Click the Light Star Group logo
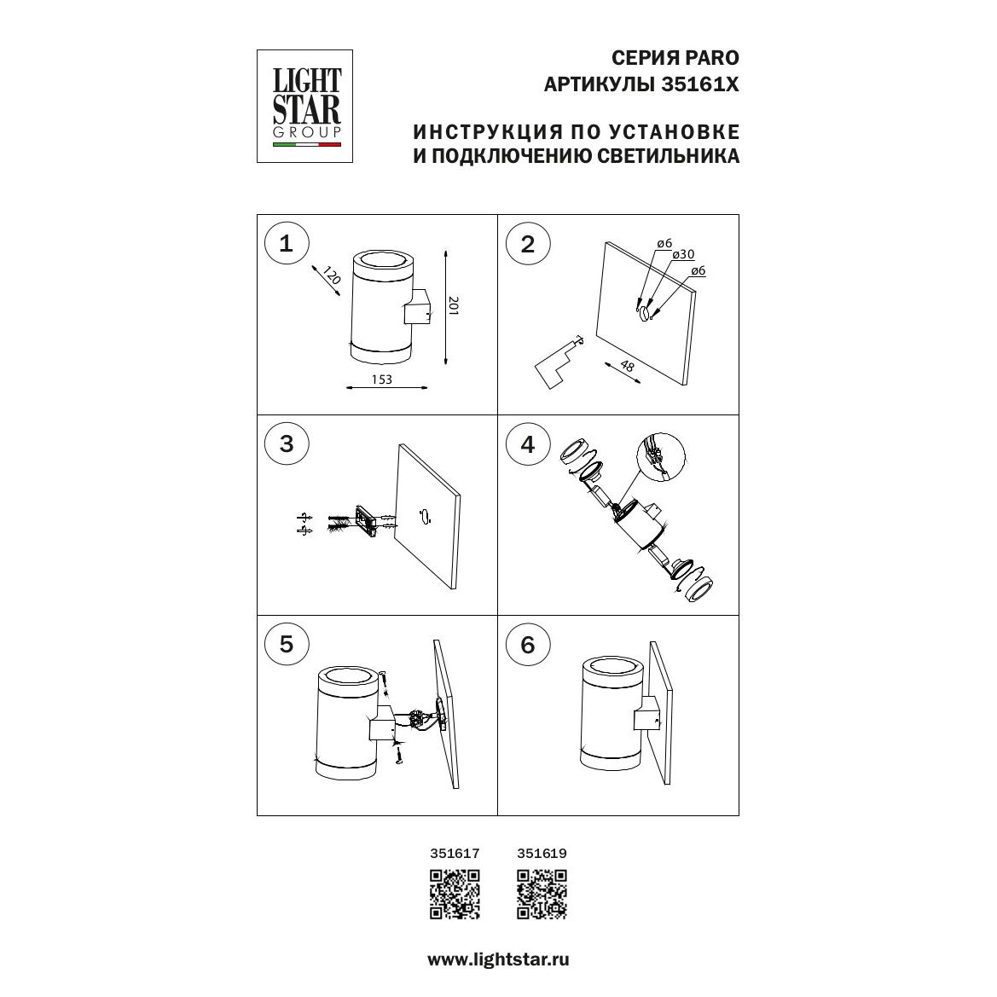pyautogui.click(x=304, y=107)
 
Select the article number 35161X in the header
pyautogui.click(x=700, y=84)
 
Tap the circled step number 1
pyautogui.click(x=286, y=243)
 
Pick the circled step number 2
pyautogui.click(x=528, y=244)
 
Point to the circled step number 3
pyautogui.click(x=286, y=443)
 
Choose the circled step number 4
pyautogui.click(x=528, y=444)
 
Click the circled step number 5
pyautogui.click(x=286, y=643)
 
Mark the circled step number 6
pyautogui.click(x=528, y=645)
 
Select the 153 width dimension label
pyautogui.click(x=381, y=379)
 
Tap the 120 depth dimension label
pyautogui.click(x=332, y=275)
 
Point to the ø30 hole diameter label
pyautogui.click(x=683, y=254)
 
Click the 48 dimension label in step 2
pyautogui.click(x=627, y=366)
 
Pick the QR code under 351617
pyautogui.click(x=455, y=894)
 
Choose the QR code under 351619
pyautogui.click(x=542, y=894)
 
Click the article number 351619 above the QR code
pyautogui.click(x=542, y=854)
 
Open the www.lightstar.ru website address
pyautogui.click(x=498, y=959)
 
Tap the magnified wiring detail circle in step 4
pyautogui.click(x=661, y=458)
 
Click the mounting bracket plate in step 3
pyautogui.click(x=366, y=521)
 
